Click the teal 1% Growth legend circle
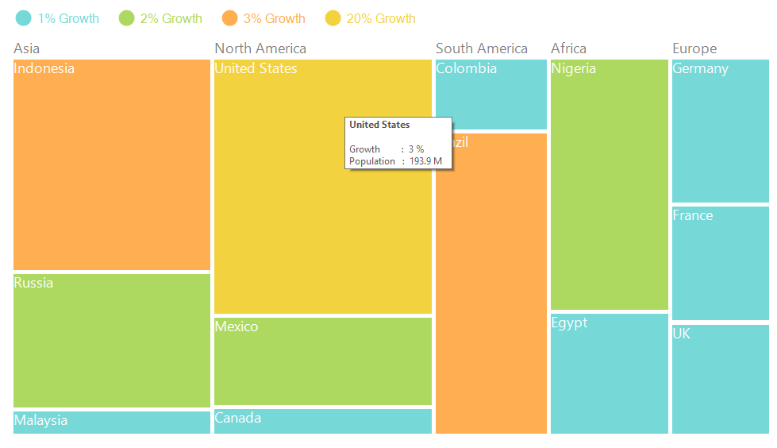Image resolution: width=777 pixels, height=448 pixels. [24, 18]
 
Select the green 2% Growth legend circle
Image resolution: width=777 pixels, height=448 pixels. [127, 18]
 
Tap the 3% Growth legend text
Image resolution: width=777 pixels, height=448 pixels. [274, 18]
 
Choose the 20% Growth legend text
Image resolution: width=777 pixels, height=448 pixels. [381, 18]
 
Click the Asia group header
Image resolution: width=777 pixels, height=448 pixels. [26, 48]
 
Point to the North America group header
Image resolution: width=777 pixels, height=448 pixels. [260, 48]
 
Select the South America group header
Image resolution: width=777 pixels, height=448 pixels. [481, 48]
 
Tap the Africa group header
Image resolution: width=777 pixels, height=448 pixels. [568, 48]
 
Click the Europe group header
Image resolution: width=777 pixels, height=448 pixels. [694, 48]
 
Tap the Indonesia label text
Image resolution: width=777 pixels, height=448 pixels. [44, 68]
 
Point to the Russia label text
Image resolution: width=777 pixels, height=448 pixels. [34, 283]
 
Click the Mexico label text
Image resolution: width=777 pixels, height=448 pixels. [237, 326]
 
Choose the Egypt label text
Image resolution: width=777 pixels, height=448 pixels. [569, 322]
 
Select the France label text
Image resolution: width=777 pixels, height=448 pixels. [693, 215]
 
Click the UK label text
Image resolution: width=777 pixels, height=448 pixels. [682, 334]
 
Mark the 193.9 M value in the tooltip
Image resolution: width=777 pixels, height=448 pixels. [426, 161]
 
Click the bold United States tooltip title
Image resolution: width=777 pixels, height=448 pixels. [379, 125]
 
